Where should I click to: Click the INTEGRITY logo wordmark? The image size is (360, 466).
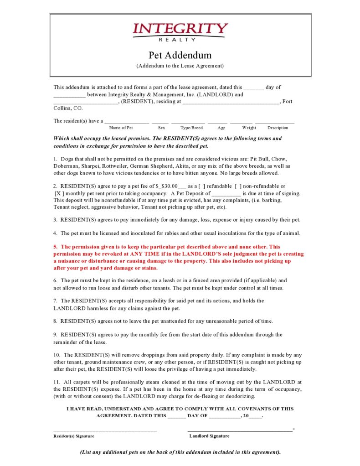click(x=180, y=29)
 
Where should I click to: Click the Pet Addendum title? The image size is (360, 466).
click(x=180, y=55)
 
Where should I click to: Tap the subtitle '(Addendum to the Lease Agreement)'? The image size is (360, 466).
click(x=180, y=66)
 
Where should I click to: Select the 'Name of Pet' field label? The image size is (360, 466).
click(x=121, y=128)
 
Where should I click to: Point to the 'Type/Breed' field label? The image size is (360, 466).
click(x=191, y=128)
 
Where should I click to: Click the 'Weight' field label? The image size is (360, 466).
click(x=249, y=128)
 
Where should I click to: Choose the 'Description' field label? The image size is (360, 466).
click(x=278, y=128)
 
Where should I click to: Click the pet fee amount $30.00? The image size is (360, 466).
click(x=168, y=186)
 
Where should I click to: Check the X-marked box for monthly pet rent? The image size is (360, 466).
click(x=58, y=193)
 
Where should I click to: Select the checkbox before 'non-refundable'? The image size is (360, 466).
click(x=237, y=186)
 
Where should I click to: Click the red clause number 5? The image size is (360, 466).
click(x=55, y=247)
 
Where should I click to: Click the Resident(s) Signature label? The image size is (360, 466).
click(x=74, y=436)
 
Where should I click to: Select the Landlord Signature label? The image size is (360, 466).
click(x=209, y=436)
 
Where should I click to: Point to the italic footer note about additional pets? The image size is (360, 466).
click(x=180, y=452)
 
